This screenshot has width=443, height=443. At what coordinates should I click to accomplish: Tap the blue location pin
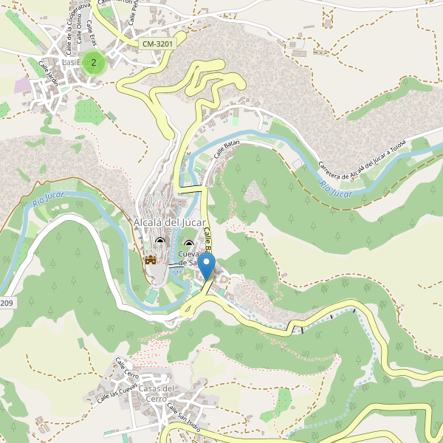(207, 265)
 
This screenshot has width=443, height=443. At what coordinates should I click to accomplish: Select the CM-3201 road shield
(157, 44)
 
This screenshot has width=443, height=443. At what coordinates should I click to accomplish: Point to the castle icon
(151, 260)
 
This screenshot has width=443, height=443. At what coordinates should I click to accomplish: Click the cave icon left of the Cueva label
(161, 241)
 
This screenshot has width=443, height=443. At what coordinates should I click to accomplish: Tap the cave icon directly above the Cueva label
(188, 244)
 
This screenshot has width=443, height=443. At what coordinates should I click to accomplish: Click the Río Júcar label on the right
(336, 183)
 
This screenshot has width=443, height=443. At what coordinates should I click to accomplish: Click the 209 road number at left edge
(6, 303)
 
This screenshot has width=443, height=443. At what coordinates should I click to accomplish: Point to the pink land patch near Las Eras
(23, 85)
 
